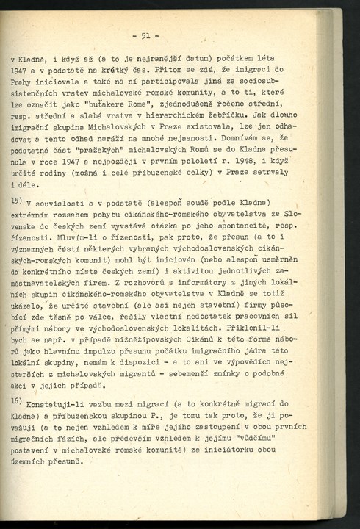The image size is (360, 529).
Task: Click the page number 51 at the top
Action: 145,35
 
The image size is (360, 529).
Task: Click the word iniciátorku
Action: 251,447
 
